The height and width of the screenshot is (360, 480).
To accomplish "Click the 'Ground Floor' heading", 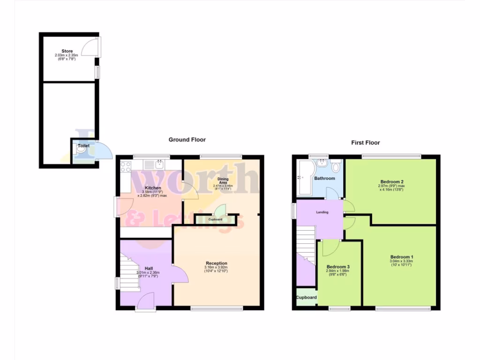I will [187, 140].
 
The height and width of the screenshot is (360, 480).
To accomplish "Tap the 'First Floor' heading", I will [366, 142].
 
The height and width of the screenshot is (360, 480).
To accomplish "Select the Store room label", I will [67, 51].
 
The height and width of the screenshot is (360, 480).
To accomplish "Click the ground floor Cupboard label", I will [215, 219].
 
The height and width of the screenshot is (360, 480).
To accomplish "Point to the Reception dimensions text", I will [216, 270].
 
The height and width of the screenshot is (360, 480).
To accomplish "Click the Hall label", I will [149, 268].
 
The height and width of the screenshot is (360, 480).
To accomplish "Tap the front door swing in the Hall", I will [148, 299].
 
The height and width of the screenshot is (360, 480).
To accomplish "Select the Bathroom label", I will [324, 179].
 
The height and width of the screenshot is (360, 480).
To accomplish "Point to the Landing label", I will [322, 212].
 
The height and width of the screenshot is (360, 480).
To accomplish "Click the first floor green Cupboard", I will [306, 298].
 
